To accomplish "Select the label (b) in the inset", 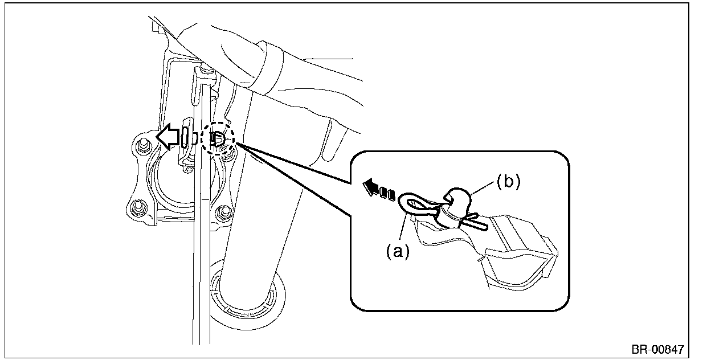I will [508, 181].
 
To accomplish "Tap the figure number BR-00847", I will [657, 349].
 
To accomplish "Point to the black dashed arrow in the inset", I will [378, 189].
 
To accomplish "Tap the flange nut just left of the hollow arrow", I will [142, 142].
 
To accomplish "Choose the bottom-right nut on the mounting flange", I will [224, 213].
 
